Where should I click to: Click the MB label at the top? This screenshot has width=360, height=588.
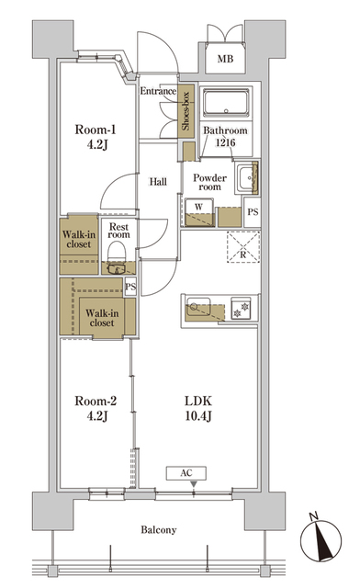click(225, 61)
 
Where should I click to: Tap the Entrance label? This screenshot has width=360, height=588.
click(157, 91)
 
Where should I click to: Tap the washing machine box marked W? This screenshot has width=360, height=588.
click(199, 210)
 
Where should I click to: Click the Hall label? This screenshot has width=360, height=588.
click(157, 181)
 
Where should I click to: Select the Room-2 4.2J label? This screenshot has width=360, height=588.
click(92, 409)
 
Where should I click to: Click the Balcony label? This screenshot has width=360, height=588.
click(159, 530)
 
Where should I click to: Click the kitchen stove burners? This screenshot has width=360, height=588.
click(243, 308)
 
